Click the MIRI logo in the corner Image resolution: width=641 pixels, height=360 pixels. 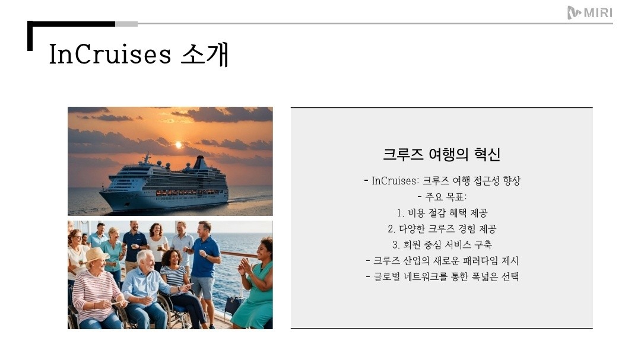(x=589, y=12)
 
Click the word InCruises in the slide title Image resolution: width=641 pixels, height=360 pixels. (x=110, y=55)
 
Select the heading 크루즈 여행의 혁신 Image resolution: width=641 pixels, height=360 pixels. (x=442, y=155)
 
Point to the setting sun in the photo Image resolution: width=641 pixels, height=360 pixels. (x=178, y=145)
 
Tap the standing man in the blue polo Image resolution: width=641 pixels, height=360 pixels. (x=205, y=261)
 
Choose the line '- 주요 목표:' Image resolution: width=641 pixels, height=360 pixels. (x=442, y=196)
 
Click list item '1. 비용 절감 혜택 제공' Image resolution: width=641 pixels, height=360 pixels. (x=442, y=212)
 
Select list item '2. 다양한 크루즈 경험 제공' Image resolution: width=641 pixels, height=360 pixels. (x=442, y=228)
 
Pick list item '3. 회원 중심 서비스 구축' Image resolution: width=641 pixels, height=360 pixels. (x=442, y=244)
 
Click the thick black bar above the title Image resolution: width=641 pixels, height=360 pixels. (x=71, y=24)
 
